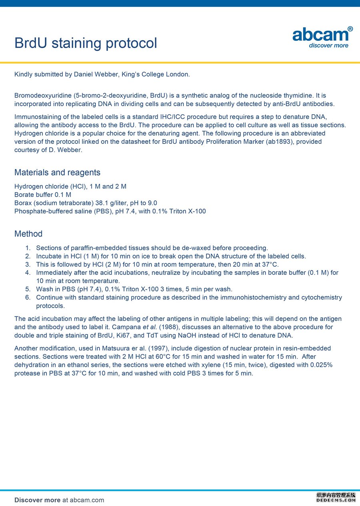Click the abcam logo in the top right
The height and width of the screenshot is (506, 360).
coord(322,37)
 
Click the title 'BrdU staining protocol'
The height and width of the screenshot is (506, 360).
coord(86,43)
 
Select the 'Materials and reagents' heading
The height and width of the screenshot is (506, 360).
coord(57,173)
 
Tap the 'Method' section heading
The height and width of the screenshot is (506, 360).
coord(28,234)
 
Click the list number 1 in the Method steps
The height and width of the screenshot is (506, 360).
coord(28,248)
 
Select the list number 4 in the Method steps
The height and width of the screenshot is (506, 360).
coord(28,273)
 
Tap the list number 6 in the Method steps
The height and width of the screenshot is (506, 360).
coord(28,297)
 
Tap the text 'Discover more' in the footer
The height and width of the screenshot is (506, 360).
coord(38,500)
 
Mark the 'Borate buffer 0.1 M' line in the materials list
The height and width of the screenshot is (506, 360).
coord(43,195)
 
